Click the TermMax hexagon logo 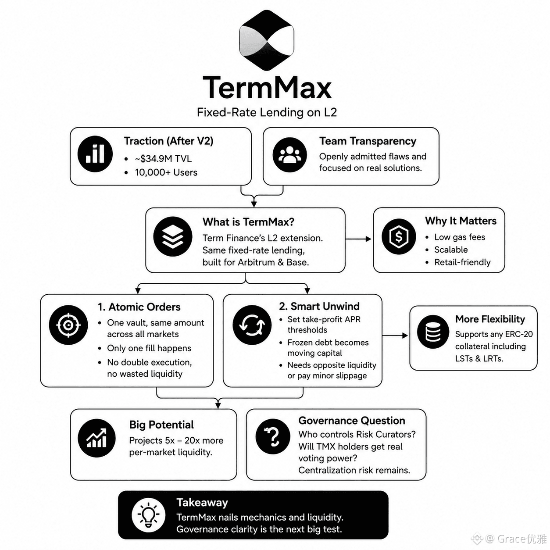click(266, 40)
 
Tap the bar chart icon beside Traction click(95, 154)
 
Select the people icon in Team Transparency click(289, 155)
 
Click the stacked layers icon click(172, 236)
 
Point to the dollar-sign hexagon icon click(399, 236)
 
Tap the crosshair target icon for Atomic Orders click(68, 325)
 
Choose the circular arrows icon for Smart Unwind click(252, 325)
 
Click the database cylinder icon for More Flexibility click(433, 332)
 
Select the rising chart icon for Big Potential click(96, 438)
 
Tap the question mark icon click(273, 436)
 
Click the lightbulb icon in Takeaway click(148, 516)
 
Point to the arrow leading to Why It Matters click(358, 239)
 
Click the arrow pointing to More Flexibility click(395, 336)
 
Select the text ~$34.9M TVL click(163, 158)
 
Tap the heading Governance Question click(352, 421)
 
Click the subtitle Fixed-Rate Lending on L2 click(267, 112)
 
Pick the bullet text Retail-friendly click(462, 262)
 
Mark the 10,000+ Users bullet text click(166, 172)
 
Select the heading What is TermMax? click(248, 222)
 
